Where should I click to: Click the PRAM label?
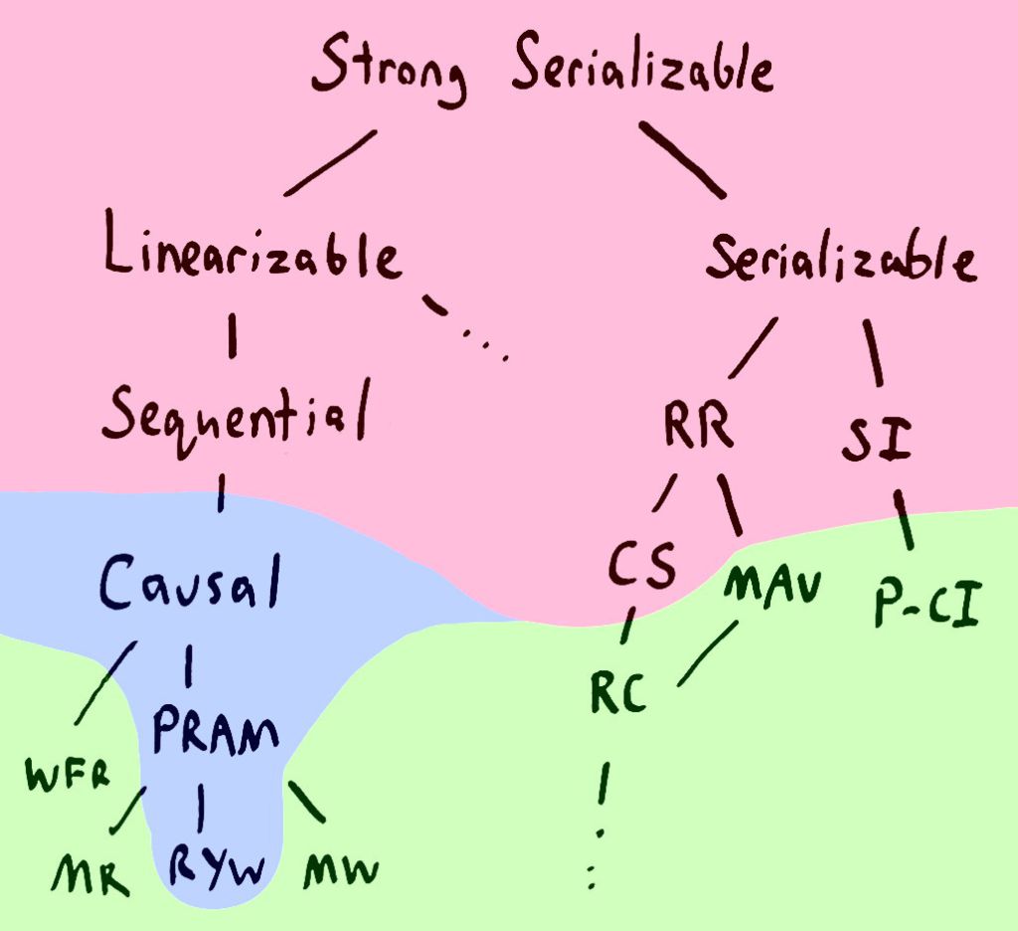216,733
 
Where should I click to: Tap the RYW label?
216,867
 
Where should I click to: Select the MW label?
341,872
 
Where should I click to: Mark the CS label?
642,567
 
